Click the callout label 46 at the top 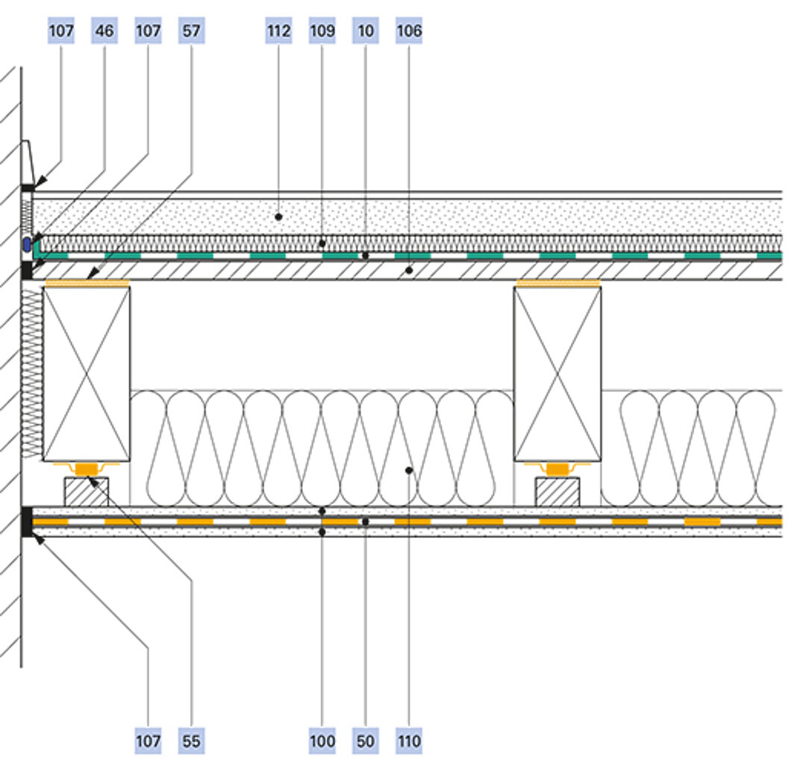pos(104,31)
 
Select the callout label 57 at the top pos(191,31)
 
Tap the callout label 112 pos(278,31)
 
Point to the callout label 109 pos(322,31)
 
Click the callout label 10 pos(366,31)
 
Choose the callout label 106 pos(409,31)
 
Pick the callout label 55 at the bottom pos(191,740)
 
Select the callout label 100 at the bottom pos(322,740)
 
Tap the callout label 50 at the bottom pos(366,740)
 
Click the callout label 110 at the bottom pos(409,740)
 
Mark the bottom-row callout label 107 pos(148,740)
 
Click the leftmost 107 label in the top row pos(61,31)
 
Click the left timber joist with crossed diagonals pos(87,373)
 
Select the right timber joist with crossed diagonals pos(557,373)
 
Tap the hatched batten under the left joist pos(86,491)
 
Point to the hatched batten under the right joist pos(558,491)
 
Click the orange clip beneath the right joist pos(558,469)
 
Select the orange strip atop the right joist pos(558,283)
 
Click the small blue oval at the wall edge pos(27,243)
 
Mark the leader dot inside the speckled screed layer pos(278,216)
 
